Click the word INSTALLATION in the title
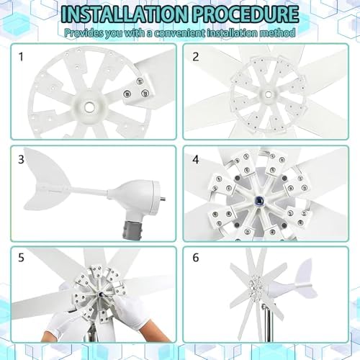pyautogui.click(x=119, y=15)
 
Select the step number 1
pyautogui.click(x=22, y=55)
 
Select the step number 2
pyautogui.click(x=195, y=55)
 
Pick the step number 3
pyautogui.click(x=22, y=159)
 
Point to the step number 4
pyautogui.click(x=195, y=159)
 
